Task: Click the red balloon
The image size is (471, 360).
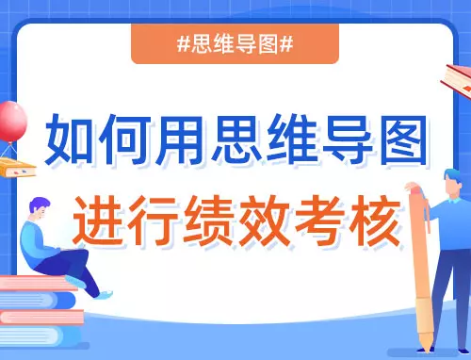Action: (x=12, y=122)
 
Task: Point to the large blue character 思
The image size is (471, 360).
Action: (x=236, y=139)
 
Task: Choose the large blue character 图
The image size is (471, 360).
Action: (x=404, y=140)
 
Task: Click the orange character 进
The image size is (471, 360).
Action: (x=99, y=221)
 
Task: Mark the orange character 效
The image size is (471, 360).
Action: (x=265, y=221)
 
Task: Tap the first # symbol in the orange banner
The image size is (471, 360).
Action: (x=184, y=44)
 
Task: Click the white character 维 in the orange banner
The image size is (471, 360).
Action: (x=223, y=44)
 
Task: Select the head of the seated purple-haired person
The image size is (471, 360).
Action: (x=40, y=208)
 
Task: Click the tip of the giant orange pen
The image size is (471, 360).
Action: (x=427, y=352)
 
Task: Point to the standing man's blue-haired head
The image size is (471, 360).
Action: (x=453, y=181)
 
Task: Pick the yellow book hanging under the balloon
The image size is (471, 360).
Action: (x=16, y=168)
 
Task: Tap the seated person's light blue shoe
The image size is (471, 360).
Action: (x=105, y=295)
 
